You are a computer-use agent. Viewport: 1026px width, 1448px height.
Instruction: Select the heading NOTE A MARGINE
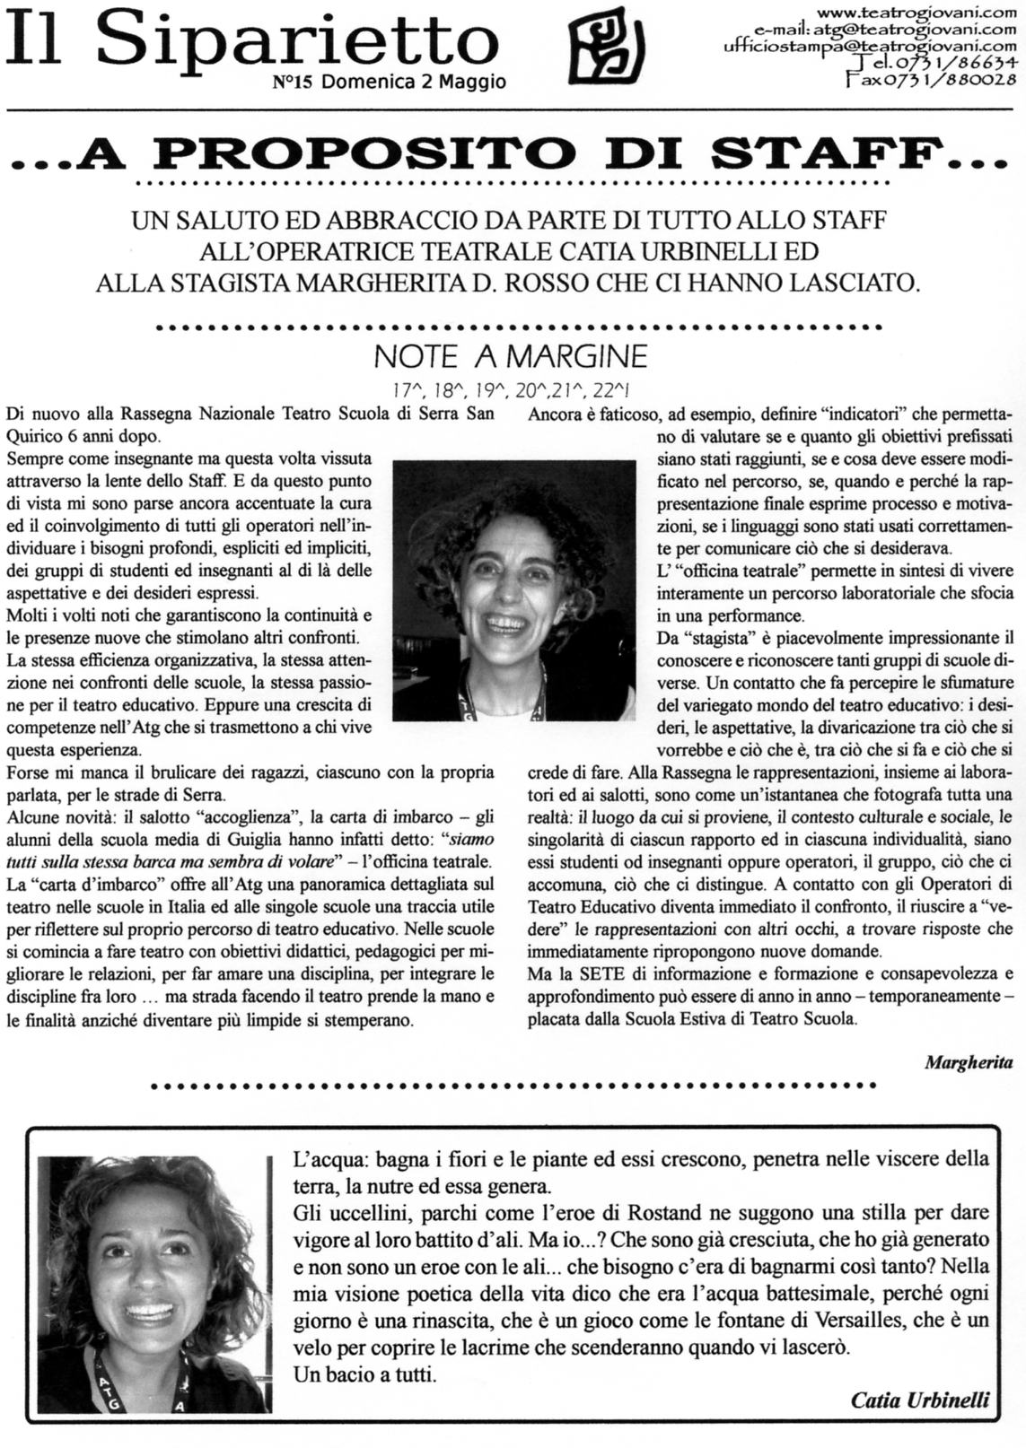[510, 357]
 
